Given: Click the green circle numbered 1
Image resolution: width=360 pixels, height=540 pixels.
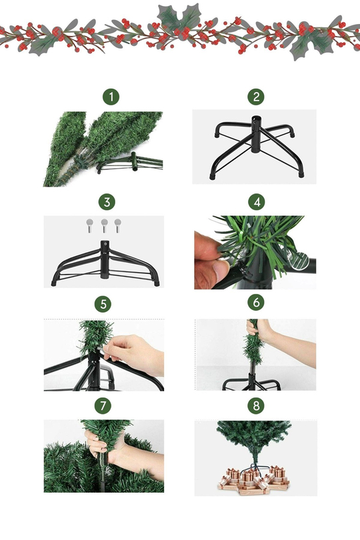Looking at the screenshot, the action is [x=111, y=97].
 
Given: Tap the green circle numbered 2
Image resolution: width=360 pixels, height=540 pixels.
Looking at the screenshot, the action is [x=256, y=97].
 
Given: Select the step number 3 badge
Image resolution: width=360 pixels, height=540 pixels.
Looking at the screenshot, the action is [x=107, y=202].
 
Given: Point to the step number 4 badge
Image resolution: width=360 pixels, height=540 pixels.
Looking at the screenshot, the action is [x=257, y=202].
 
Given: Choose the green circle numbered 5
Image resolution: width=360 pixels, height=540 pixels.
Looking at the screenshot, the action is [x=103, y=304].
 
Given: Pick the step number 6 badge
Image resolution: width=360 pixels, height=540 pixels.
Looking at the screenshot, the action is [x=256, y=303].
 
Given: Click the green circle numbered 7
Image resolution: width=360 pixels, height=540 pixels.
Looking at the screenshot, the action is [x=103, y=406].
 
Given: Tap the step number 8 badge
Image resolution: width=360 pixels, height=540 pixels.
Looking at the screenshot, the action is [x=256, y=406].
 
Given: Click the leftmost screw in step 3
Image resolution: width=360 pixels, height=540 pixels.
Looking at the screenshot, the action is [x=89, y=225].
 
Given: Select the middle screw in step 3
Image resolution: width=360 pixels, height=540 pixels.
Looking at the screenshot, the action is [x=105, y=225].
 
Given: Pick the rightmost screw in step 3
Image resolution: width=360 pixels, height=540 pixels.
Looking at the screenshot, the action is [x=118, y=225].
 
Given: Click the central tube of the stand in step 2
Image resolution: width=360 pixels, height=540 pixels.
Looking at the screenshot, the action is [x=255, y=134].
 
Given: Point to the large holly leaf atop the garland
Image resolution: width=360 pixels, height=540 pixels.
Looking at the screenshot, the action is [x=179, y=18].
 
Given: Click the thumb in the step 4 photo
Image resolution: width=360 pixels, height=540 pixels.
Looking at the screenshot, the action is [x=221, y=271].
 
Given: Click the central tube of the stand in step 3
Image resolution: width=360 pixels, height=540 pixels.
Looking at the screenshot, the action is [x=105, y=259].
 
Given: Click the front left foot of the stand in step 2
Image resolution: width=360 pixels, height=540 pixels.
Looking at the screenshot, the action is [x=212, y=176].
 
